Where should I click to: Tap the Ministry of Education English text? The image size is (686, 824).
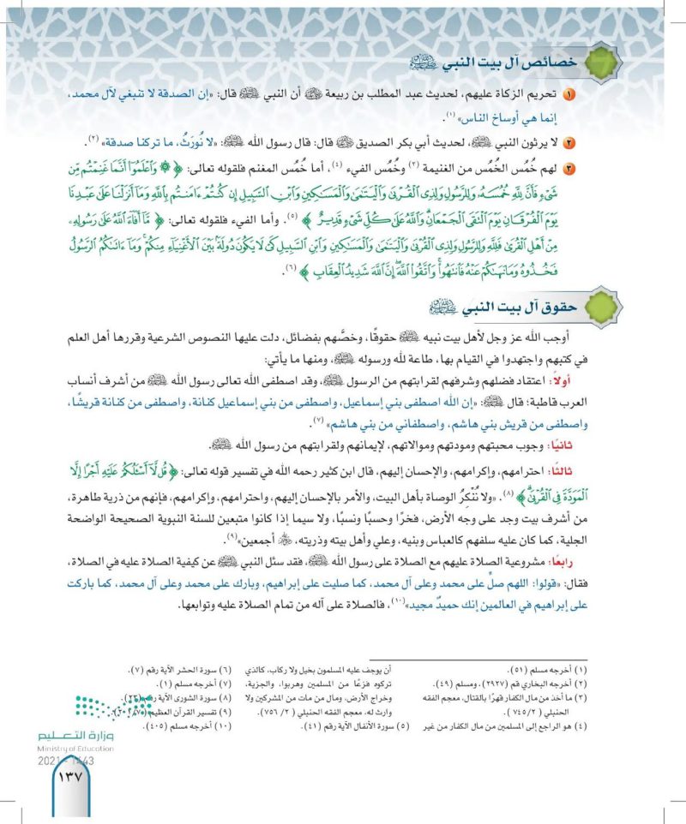click(x=75, y=748)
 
